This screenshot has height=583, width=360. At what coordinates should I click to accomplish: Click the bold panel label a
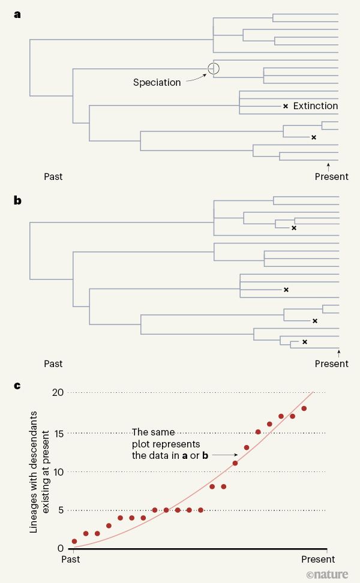(x=17, y=15)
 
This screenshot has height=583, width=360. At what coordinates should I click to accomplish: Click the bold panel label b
(x=18, y=200)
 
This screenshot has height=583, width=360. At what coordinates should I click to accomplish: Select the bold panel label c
(x=17, y=385)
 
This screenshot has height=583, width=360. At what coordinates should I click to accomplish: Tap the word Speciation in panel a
(x=157, y=83)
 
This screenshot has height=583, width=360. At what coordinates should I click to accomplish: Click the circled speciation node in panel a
(x=214, y=69)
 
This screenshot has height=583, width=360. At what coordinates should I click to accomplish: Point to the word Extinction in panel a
(x=316, y=106)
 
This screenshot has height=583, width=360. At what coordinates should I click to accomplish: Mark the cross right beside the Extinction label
(x=286, y=106)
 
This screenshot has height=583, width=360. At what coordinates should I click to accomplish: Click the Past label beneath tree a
(x=53, y=176)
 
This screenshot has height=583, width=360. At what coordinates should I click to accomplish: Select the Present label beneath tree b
(x=331, y=363)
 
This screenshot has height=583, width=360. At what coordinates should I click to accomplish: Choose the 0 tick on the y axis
(x=60, y=548)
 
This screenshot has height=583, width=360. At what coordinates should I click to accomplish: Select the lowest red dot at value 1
(x=74, y=541)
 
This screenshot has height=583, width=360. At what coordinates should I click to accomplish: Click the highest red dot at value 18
(x=304, y=408)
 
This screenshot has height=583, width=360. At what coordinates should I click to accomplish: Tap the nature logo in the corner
(x=327, y=574)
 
